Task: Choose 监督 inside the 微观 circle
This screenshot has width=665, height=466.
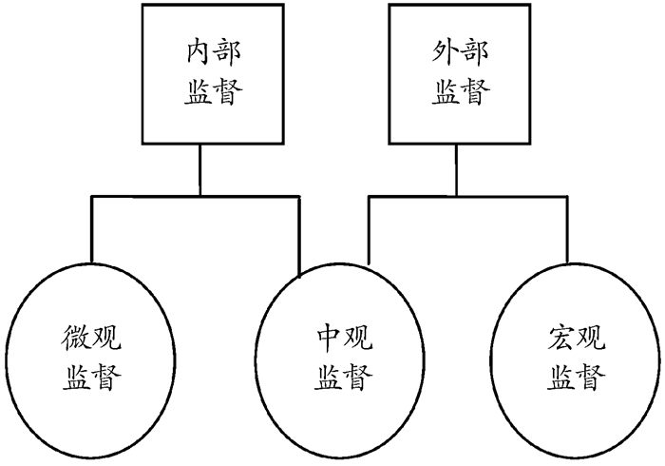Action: click(92, 378)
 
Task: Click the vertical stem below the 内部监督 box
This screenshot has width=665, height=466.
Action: click(200, 171)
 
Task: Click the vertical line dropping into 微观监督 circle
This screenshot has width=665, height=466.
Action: click(91, 228)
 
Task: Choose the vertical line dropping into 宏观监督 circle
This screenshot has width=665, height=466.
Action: click(568, 228)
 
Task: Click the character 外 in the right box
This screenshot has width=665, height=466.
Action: click(435, 52)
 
